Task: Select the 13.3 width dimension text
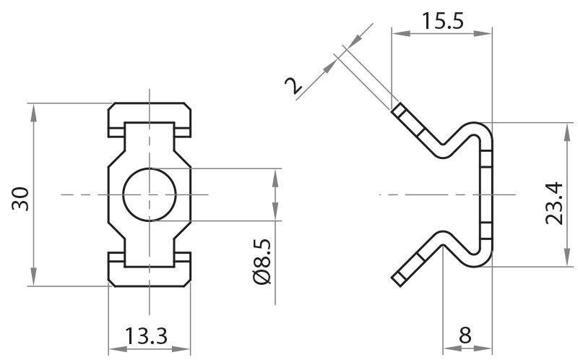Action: click(x=147, y=336)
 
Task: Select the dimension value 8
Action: click(x=465, y=336)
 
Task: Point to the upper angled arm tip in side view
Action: click(x=400, y=111)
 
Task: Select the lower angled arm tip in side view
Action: click(x=400, y=278)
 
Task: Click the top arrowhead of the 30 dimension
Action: click(x=33, y=109)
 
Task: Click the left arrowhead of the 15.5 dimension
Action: click(x=396, y=33)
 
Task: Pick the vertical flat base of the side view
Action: click(x=486, y=195)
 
